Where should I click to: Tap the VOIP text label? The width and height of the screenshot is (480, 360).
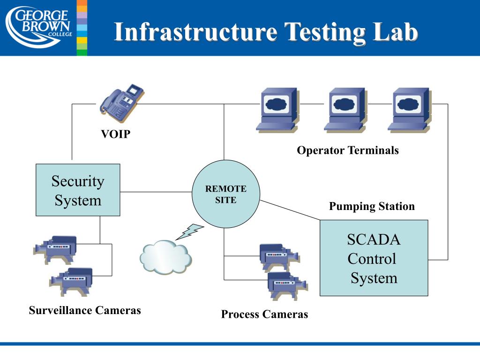(x=116, y=135)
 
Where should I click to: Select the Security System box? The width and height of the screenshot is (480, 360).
(x=78, y=190)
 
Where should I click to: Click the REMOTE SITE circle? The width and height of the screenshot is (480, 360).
(x=226, y=194)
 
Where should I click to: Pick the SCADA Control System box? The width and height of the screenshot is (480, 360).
(x=374, y=258)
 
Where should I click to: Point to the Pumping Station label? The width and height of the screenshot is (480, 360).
(x=372, y=207)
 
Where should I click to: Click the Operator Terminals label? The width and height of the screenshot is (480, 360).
(x=347, y=150)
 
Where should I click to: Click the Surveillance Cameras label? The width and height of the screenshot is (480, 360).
(x=85, y=310)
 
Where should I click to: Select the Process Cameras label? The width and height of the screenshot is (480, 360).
(x=264, y=315)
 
